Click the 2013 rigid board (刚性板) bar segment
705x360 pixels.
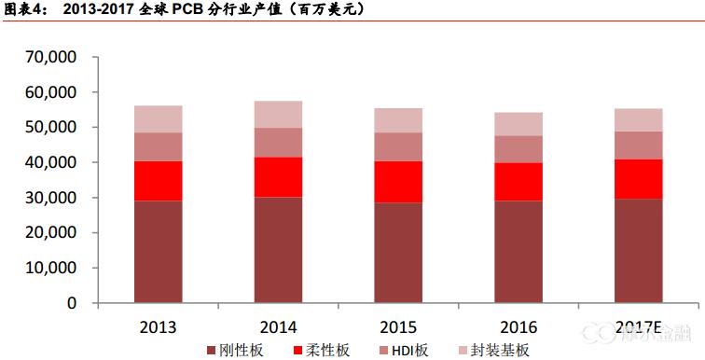point(159,252)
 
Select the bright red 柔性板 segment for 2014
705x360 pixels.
point(279,177)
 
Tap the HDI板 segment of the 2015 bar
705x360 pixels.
point(398,146)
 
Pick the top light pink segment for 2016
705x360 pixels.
point(518,124)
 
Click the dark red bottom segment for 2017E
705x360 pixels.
point(638,251)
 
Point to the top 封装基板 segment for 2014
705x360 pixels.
point(279,115)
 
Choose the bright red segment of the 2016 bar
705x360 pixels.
point(518,182)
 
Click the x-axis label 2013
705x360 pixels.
point(159,326)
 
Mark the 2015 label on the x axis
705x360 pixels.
point(398,326)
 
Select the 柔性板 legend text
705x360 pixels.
point(331,350)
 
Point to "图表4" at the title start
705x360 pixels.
point(21,9)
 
